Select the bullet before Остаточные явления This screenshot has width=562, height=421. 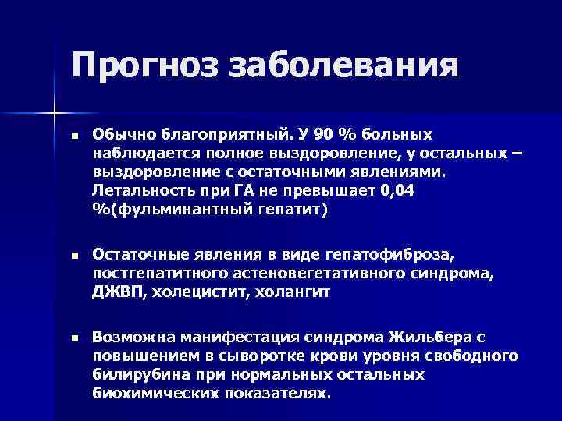pyautogui.click(x=75, y=255)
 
